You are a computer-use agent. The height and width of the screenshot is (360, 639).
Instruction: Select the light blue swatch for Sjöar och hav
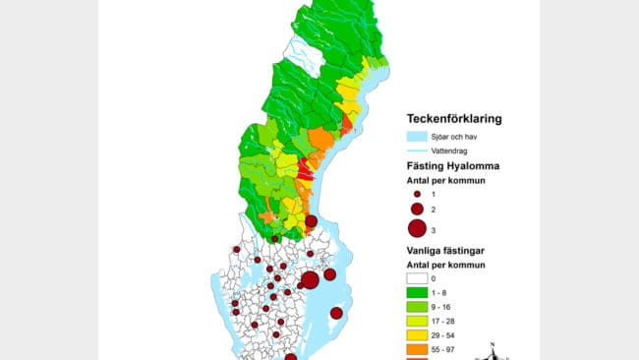point(418,137)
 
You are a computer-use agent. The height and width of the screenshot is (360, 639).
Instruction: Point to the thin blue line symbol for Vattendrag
point(418,150)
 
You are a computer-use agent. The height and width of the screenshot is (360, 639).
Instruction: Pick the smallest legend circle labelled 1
point(417,195)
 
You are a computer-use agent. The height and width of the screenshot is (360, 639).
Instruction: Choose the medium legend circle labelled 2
point(417,210)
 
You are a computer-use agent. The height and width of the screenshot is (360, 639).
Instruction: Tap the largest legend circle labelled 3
point(417,229)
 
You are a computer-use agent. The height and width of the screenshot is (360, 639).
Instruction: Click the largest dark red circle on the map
point(310,279)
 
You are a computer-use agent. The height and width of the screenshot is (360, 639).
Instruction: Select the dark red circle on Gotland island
point(336,313)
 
